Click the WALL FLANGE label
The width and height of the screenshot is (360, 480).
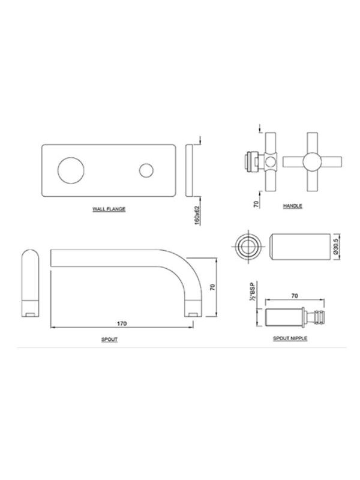coord(109,209)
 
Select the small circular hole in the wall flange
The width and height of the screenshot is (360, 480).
coord(146,170)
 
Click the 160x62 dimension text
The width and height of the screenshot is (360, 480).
coord(197,215)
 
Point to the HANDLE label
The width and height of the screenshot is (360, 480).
coord(292,206)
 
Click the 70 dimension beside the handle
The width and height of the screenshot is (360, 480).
coord(256,203)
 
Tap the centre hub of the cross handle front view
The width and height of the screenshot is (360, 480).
coord(312,161)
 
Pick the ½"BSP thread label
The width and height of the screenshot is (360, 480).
coord(252,291)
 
